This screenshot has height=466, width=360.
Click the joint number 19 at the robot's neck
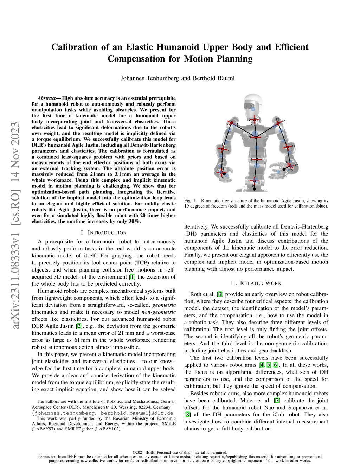point(248,120)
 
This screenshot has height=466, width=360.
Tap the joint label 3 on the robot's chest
point(250,137)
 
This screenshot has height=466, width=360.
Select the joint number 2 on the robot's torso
point(251,160)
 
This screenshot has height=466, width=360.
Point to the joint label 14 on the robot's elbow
point(294,146)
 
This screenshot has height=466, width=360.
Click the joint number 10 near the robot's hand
point(223,178)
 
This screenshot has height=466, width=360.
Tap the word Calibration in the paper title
point(75,47)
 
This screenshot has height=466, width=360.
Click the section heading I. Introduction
point(104,232)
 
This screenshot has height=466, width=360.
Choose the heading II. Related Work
point(256,283)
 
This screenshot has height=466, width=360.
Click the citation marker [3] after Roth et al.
point(220,294)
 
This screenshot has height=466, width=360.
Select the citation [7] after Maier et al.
point(277,401)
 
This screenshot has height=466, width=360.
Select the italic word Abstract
point(46,98)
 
